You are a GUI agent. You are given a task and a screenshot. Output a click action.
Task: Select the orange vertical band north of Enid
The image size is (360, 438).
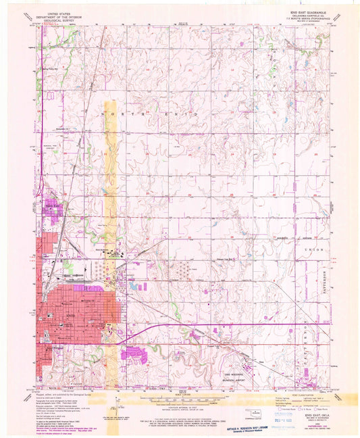click(111, 203)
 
